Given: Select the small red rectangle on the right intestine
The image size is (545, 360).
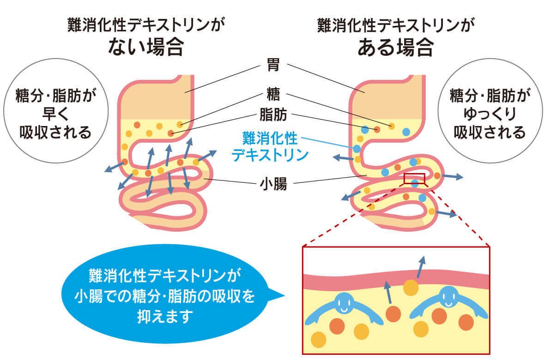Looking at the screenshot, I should pyautogui.click(x=414, y=179).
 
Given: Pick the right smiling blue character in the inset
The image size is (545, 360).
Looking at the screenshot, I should pyautogui.click(x=448, y=302).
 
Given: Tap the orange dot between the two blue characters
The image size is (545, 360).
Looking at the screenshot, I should pyautogui.click(x=393, y=314).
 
